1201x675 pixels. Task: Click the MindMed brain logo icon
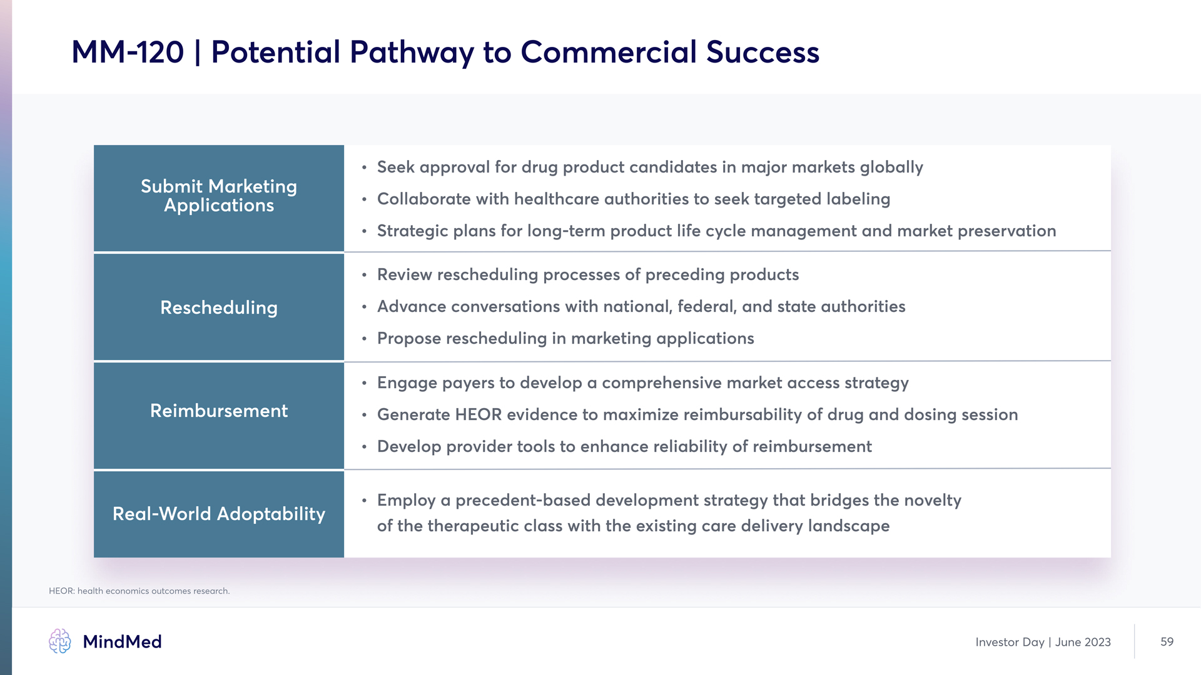[60, 641]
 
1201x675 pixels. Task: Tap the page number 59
[1167, 642]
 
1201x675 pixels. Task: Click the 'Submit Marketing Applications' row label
[219, 196]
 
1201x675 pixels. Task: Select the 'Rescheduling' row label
[219, 307]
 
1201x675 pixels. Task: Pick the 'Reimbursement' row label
[219, 411]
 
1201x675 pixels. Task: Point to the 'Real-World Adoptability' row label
[219, 514]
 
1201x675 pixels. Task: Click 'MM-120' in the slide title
[128, 52]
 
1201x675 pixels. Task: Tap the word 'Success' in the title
[763, 52]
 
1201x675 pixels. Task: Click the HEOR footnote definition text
[139, 591]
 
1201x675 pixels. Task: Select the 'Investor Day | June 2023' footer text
[1043, 642]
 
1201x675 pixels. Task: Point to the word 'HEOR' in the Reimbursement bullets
[478, 414]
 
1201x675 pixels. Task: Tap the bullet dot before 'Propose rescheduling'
[364, 339]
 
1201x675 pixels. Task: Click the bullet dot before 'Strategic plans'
[364, 231]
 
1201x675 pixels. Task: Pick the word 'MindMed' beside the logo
[122, 642]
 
